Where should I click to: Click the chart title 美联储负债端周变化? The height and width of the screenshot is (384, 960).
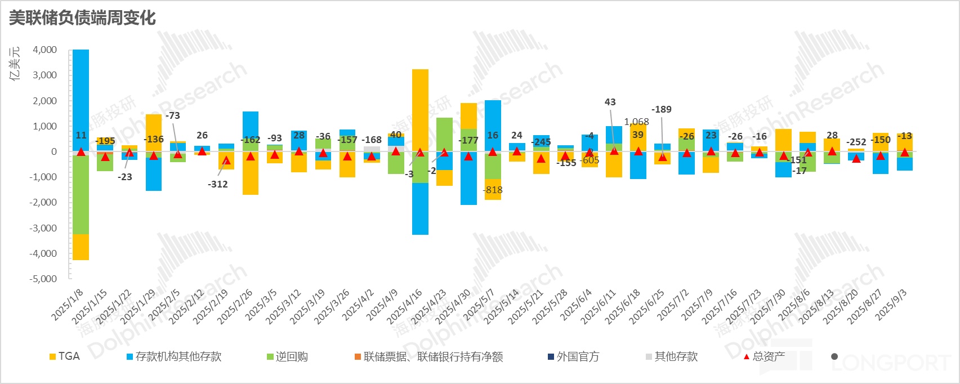[x=82, y=18]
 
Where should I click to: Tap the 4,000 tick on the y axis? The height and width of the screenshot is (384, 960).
[x=45, y=50]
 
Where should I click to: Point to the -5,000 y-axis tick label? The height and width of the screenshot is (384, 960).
[x=44, y=279]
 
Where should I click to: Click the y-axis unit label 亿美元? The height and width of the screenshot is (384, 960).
[x=15, y=63]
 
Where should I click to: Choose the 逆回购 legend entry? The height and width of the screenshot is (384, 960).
[x=292, y=356]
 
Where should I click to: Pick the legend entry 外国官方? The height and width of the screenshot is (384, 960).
[x=578, y=356]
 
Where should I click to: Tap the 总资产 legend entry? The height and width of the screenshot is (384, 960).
[x=769, y=356]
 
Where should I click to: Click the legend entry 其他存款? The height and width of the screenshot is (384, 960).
[x=676, y=356]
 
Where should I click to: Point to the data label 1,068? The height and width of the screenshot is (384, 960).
[x=636, y=122]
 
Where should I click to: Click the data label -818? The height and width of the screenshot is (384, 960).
[x=493, y=190]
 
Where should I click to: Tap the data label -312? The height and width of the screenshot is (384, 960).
[x=217, y=184]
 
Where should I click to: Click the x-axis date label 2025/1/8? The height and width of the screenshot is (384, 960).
[x=68, y=305]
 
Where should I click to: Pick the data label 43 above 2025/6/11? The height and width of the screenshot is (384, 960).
[x=610, y=102]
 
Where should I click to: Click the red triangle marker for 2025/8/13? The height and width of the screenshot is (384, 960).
[x=832, y=151]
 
